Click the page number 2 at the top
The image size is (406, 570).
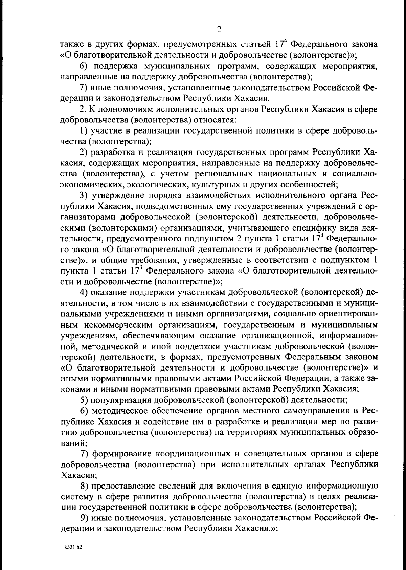click(x=219, y=30)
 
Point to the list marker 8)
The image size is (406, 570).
click(x=84, y=486)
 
